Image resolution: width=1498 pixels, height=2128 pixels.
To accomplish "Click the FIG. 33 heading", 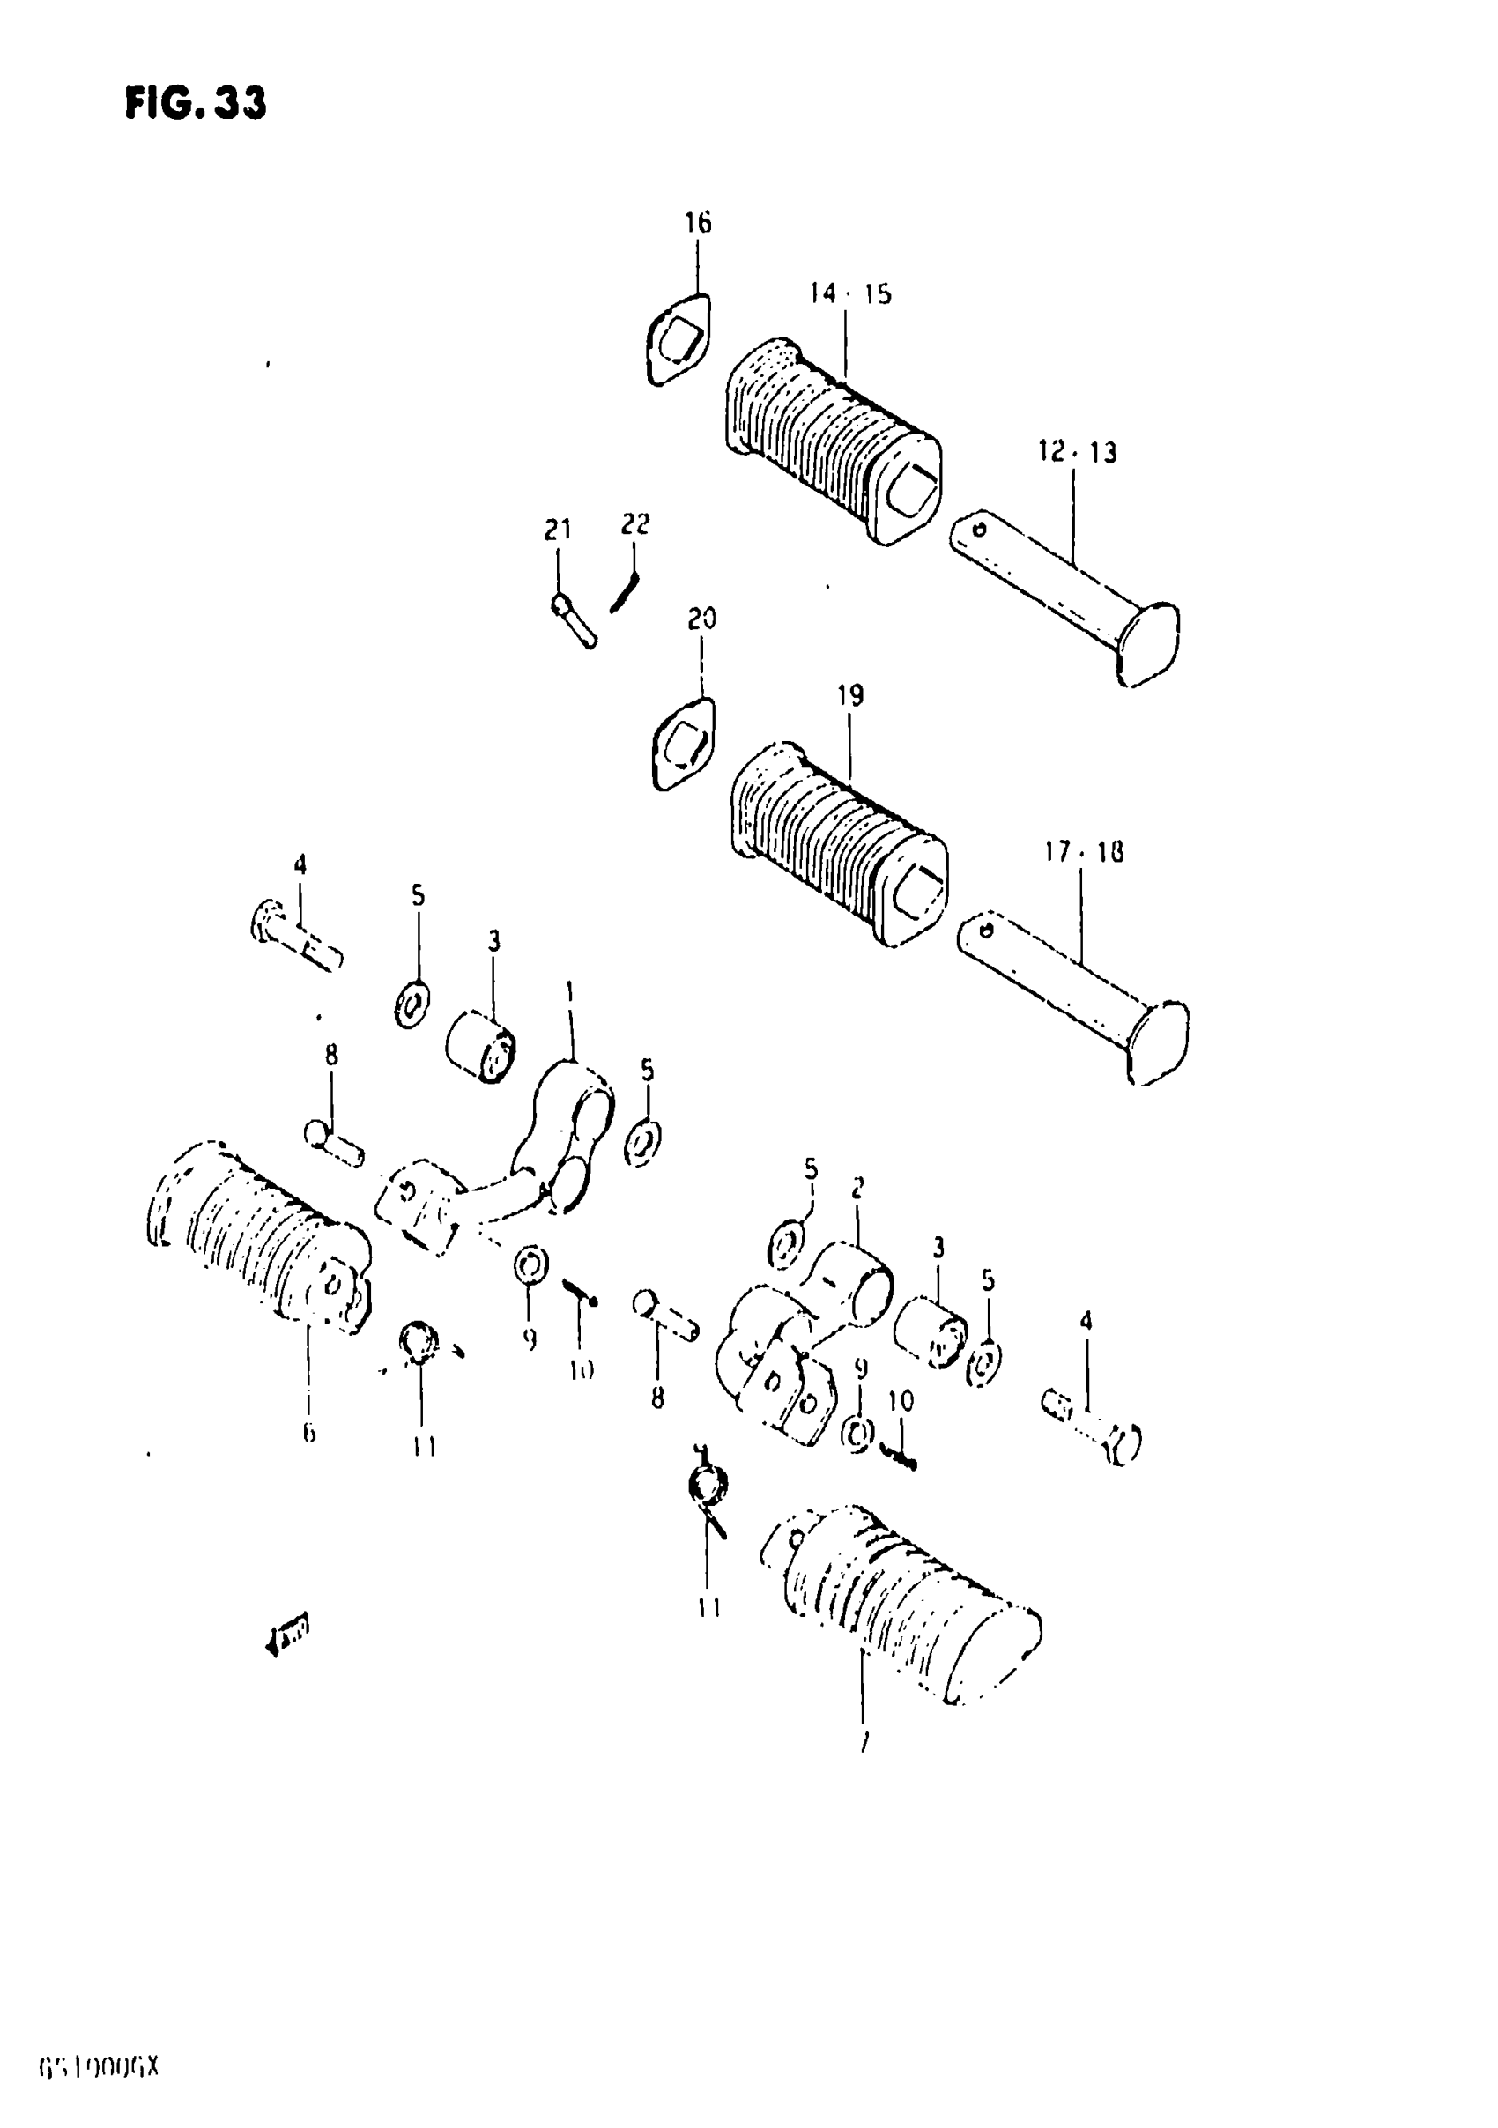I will coord(196,103).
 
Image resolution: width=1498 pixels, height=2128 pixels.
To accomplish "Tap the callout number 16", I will coord(697,222).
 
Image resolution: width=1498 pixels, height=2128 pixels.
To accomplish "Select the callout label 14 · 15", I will coord(850,293).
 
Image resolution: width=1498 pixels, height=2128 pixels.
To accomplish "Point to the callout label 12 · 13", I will coord(1076,452).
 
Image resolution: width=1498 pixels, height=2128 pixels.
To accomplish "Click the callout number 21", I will coord(557,530).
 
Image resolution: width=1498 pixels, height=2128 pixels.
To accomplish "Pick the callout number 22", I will coord(635,524).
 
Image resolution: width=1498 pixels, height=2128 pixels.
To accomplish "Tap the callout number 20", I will coord(701,619).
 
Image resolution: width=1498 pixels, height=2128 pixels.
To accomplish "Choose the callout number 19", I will coord(850,695).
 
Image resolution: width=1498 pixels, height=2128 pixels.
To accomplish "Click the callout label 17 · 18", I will coord(1084,852).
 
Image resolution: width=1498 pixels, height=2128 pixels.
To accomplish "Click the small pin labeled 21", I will coord(574,620).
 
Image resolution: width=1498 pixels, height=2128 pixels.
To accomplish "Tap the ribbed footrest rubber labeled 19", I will coord(839,842).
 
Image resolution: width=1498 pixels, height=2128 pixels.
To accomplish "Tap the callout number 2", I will coord(857,1188).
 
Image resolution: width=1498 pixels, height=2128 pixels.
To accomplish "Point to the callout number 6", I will coord(308,1433).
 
